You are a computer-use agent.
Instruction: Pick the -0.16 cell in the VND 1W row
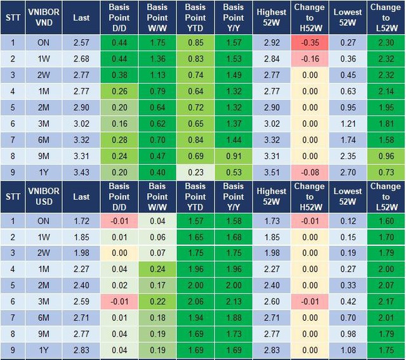[310, 58]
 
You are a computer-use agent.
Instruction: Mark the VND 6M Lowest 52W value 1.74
[348, 140]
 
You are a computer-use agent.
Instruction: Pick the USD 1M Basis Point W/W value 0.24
[157, 269]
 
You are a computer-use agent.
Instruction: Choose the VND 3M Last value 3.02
[81, 124]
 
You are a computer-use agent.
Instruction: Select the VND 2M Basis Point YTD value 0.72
[195, 107]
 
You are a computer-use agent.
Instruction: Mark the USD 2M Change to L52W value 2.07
[385, 286]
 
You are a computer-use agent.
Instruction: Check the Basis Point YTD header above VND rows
[195, 18]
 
